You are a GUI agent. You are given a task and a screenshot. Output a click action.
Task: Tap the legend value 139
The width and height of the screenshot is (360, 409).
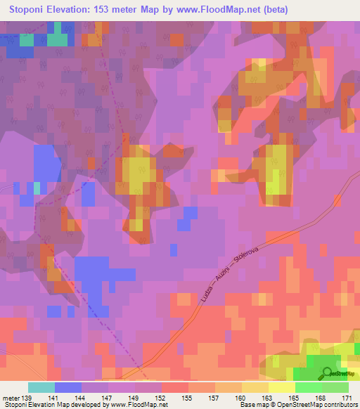27,398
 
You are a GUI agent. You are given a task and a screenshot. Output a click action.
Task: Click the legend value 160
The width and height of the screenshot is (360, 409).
240,398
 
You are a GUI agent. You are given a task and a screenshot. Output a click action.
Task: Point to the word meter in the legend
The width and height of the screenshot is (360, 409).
11,398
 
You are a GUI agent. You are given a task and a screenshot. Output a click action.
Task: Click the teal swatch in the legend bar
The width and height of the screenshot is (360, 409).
41,387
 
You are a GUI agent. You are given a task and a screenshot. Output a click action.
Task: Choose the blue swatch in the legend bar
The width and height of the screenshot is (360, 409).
68,387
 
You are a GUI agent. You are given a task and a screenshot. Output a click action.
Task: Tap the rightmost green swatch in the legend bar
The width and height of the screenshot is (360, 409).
335,387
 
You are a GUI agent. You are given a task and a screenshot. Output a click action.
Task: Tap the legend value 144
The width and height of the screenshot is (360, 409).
81,398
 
